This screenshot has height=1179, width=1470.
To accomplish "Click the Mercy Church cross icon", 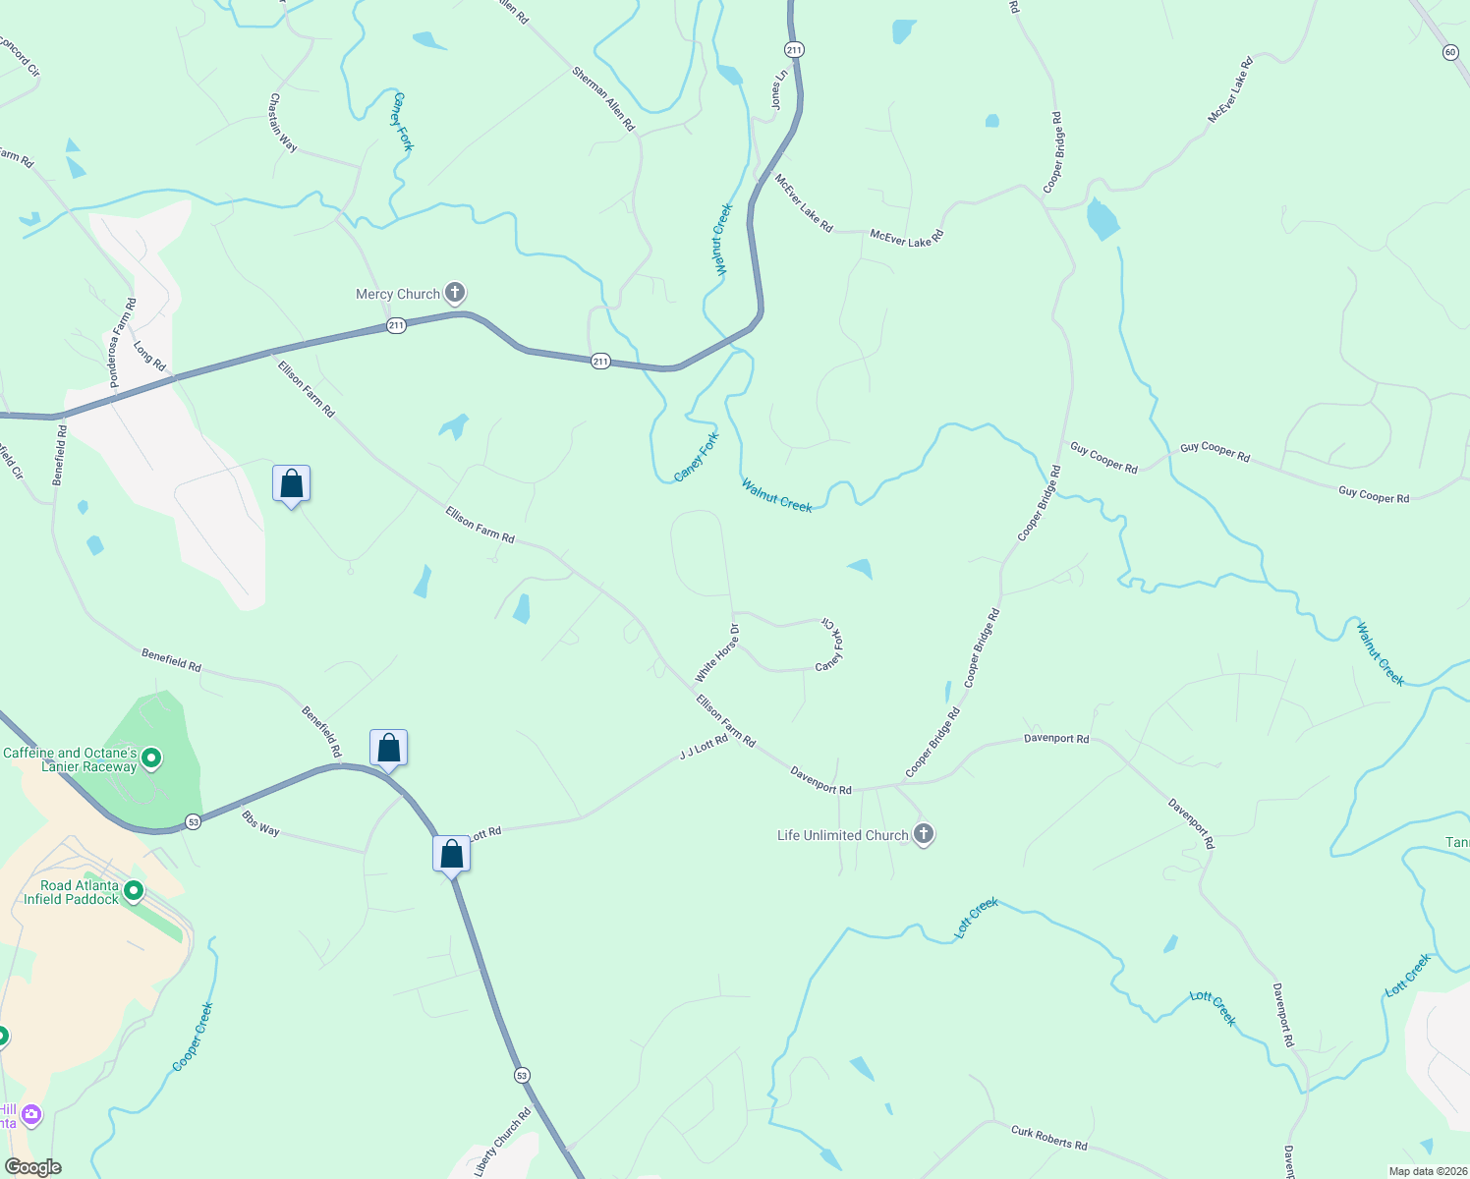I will coord(454,292).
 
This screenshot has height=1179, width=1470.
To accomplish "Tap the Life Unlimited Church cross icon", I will coord(923,834).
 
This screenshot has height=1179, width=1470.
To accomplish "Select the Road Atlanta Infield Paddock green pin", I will coord(134,891).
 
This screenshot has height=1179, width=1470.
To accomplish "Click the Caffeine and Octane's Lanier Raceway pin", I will coord(151,758).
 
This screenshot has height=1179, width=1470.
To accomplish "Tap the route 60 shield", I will coord(1450,52).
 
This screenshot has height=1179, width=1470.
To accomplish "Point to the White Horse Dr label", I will coord(717,652).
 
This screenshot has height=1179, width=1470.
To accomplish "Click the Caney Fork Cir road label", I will coord(831,645).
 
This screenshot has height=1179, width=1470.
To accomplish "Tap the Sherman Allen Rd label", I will coord(603,98).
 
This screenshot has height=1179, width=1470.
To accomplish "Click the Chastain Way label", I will coord(283,122).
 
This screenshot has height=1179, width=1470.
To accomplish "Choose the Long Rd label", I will coord(149,355).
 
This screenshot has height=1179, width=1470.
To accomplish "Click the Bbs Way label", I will coord(260,823).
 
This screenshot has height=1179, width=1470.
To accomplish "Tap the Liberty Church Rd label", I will coord(502,1143).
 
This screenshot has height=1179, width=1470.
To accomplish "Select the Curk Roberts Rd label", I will coord(1049,1138).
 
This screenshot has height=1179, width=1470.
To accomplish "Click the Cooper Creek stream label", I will coord(193,1037).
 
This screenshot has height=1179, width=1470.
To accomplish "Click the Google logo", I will coord(32,1167).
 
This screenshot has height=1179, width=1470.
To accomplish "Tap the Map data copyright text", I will coord(1426,1171).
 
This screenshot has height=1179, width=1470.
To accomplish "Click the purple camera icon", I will coord(31,1114).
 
